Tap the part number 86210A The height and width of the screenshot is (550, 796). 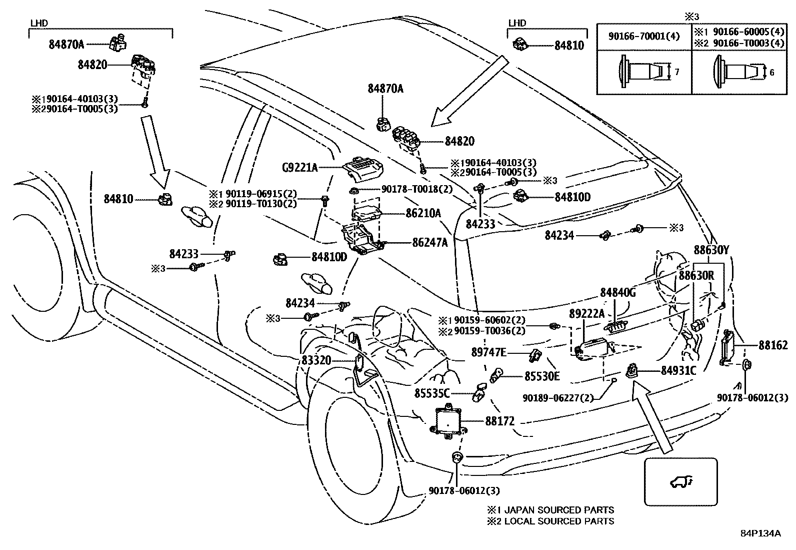pos(423,213)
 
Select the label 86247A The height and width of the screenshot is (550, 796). pos(430,243)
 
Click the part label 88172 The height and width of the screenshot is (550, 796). pos(499,421)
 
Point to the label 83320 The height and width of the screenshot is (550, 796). pos(316,360)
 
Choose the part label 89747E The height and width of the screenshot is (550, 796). pos(488,353)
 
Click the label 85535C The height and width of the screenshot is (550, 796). pos(432,393)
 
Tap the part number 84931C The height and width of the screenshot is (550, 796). pos(678,371)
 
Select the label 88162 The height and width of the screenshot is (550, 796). pos(772,345)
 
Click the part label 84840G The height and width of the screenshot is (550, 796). pos(617,293)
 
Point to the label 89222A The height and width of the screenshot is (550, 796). pos(587,314)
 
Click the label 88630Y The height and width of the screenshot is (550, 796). pos(711,250)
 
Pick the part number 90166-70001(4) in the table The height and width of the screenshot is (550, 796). pos(644,37)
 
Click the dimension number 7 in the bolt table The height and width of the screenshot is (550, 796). pos(676,72)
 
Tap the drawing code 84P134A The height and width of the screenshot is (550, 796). pos(760,533)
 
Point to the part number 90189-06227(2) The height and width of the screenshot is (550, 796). pos(558,398)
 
